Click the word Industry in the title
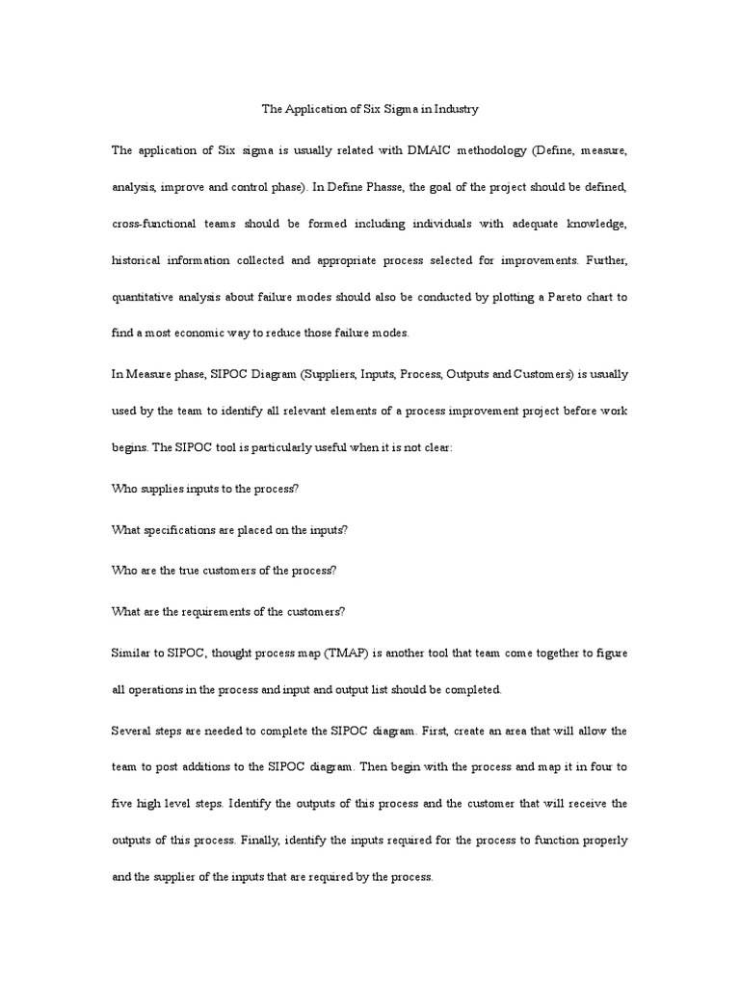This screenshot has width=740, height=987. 455,110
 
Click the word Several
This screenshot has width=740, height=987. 131,731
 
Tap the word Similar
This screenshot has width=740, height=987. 131,654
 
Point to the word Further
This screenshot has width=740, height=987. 605,261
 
